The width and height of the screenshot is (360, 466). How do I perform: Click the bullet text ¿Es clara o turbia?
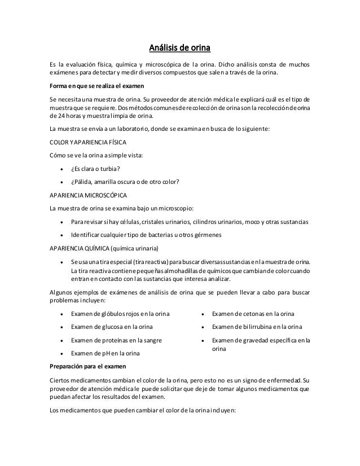coord(98,169)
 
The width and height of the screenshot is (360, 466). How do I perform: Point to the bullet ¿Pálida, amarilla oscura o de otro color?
coord(125,182)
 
